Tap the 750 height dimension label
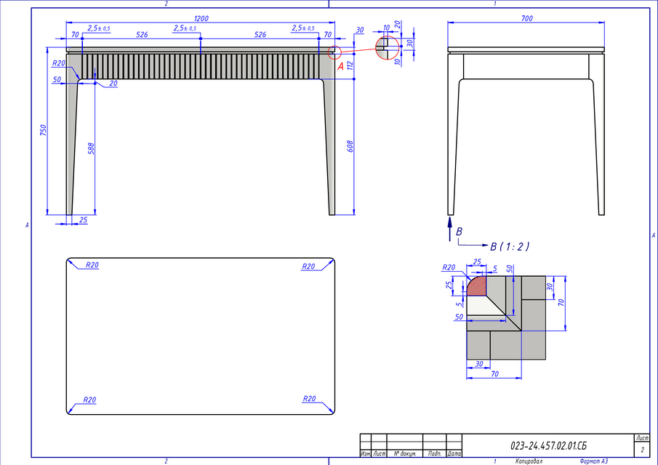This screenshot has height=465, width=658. coord(44,131)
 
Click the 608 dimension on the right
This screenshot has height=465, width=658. coord(350,145)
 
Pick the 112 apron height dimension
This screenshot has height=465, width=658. coord(350,65)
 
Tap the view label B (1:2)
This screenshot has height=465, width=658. coord(510,247)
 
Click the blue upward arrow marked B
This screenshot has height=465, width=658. coord(449,225)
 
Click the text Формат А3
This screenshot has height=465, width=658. coord(594,461)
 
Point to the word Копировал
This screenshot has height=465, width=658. coord(528,461)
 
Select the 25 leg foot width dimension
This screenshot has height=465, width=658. coord(82,219)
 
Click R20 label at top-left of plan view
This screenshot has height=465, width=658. coord(92,265)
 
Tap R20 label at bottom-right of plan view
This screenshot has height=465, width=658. coord(309,398)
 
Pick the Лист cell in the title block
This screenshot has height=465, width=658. coord(642,439)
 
